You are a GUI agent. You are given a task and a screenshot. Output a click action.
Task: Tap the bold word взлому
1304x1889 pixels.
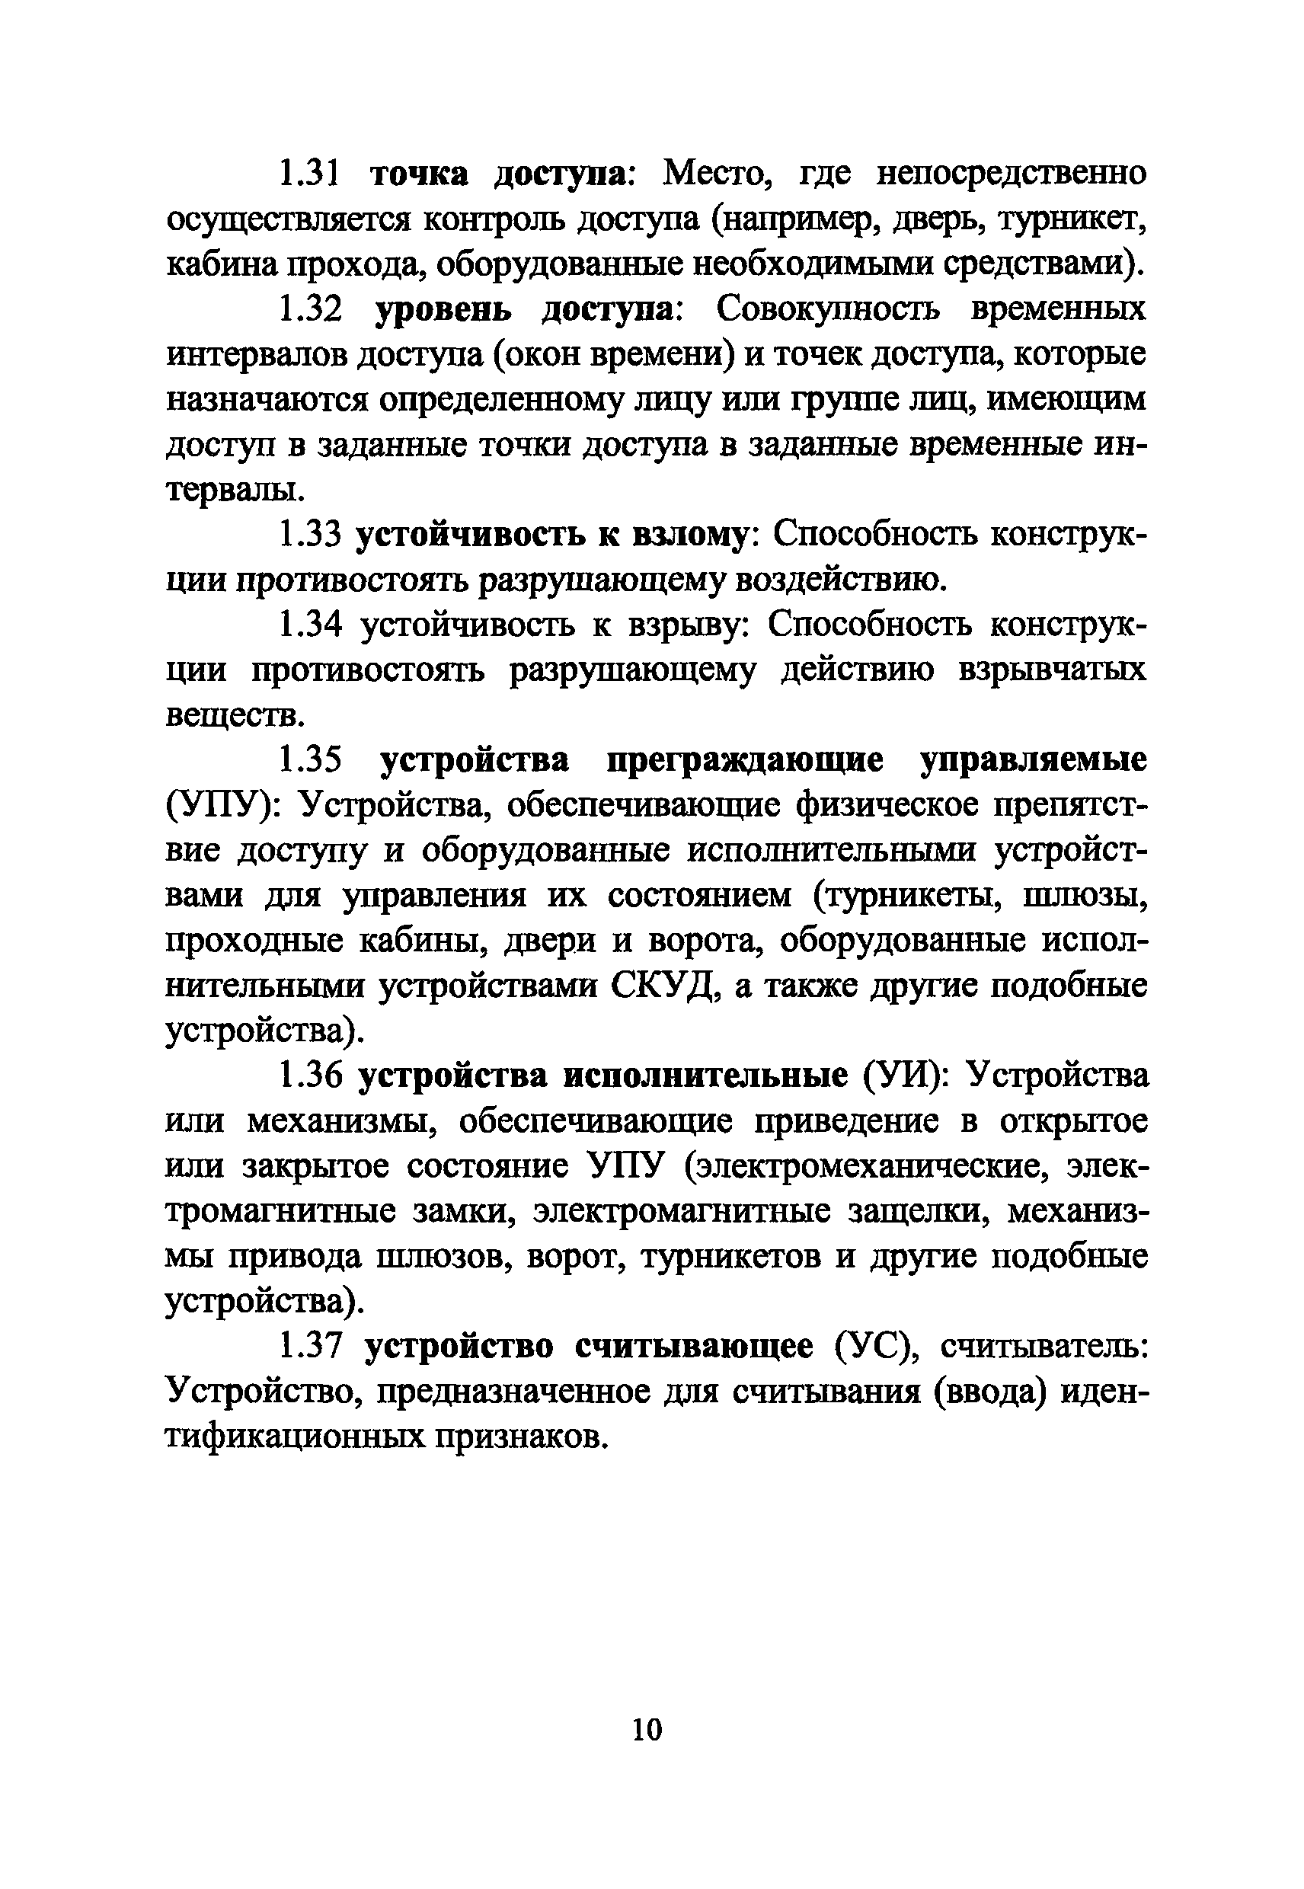click(690, 535)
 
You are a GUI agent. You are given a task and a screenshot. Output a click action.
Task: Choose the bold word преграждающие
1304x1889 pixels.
click(744, 761)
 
